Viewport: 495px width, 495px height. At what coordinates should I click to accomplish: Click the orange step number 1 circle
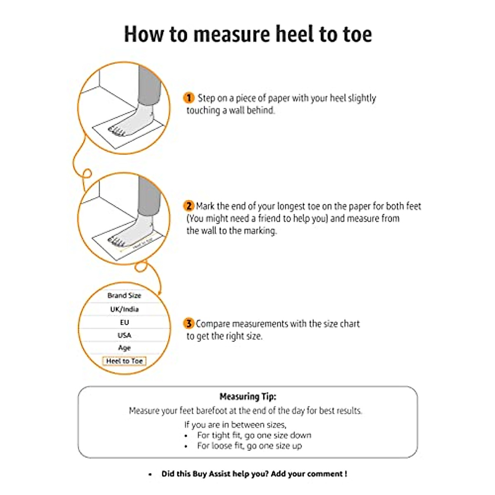pyautogui.click(x=189, y=98)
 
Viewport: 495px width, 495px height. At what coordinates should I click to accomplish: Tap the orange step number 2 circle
pyautogui.click(x=189, y=206)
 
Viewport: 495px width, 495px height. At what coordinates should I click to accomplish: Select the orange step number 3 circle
pyautogui.click(x=189, y=323)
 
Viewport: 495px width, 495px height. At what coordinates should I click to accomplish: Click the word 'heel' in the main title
pyautogui.click(x=296, y=34)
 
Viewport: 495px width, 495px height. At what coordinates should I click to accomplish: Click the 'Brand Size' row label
pyautogui.click(x=124, y=295)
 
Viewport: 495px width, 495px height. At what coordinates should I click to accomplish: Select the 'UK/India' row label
pyautogui.click(x=124, y=309)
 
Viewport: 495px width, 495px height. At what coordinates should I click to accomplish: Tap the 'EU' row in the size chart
pyautogui.click(x=124, y=322)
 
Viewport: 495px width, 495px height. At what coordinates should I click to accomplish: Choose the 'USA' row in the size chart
pyautogui.click(x=124, y=335)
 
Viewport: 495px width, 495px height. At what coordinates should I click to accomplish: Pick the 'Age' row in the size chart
pyautogui.click(x=124, y=348)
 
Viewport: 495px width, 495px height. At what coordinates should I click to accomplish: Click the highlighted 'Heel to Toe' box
pyautogui.click(x=124, y=361)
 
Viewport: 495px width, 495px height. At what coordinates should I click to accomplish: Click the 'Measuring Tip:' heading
pyautogui.click(x=247, y=396)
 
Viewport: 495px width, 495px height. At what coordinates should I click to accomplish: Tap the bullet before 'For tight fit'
pyautogui.click(x=186, y=436)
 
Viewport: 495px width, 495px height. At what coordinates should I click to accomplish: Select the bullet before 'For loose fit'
pyautogui.click(x=186, y=446)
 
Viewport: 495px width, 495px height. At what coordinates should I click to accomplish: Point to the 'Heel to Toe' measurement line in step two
pyautogui.click(x=140, y=246)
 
